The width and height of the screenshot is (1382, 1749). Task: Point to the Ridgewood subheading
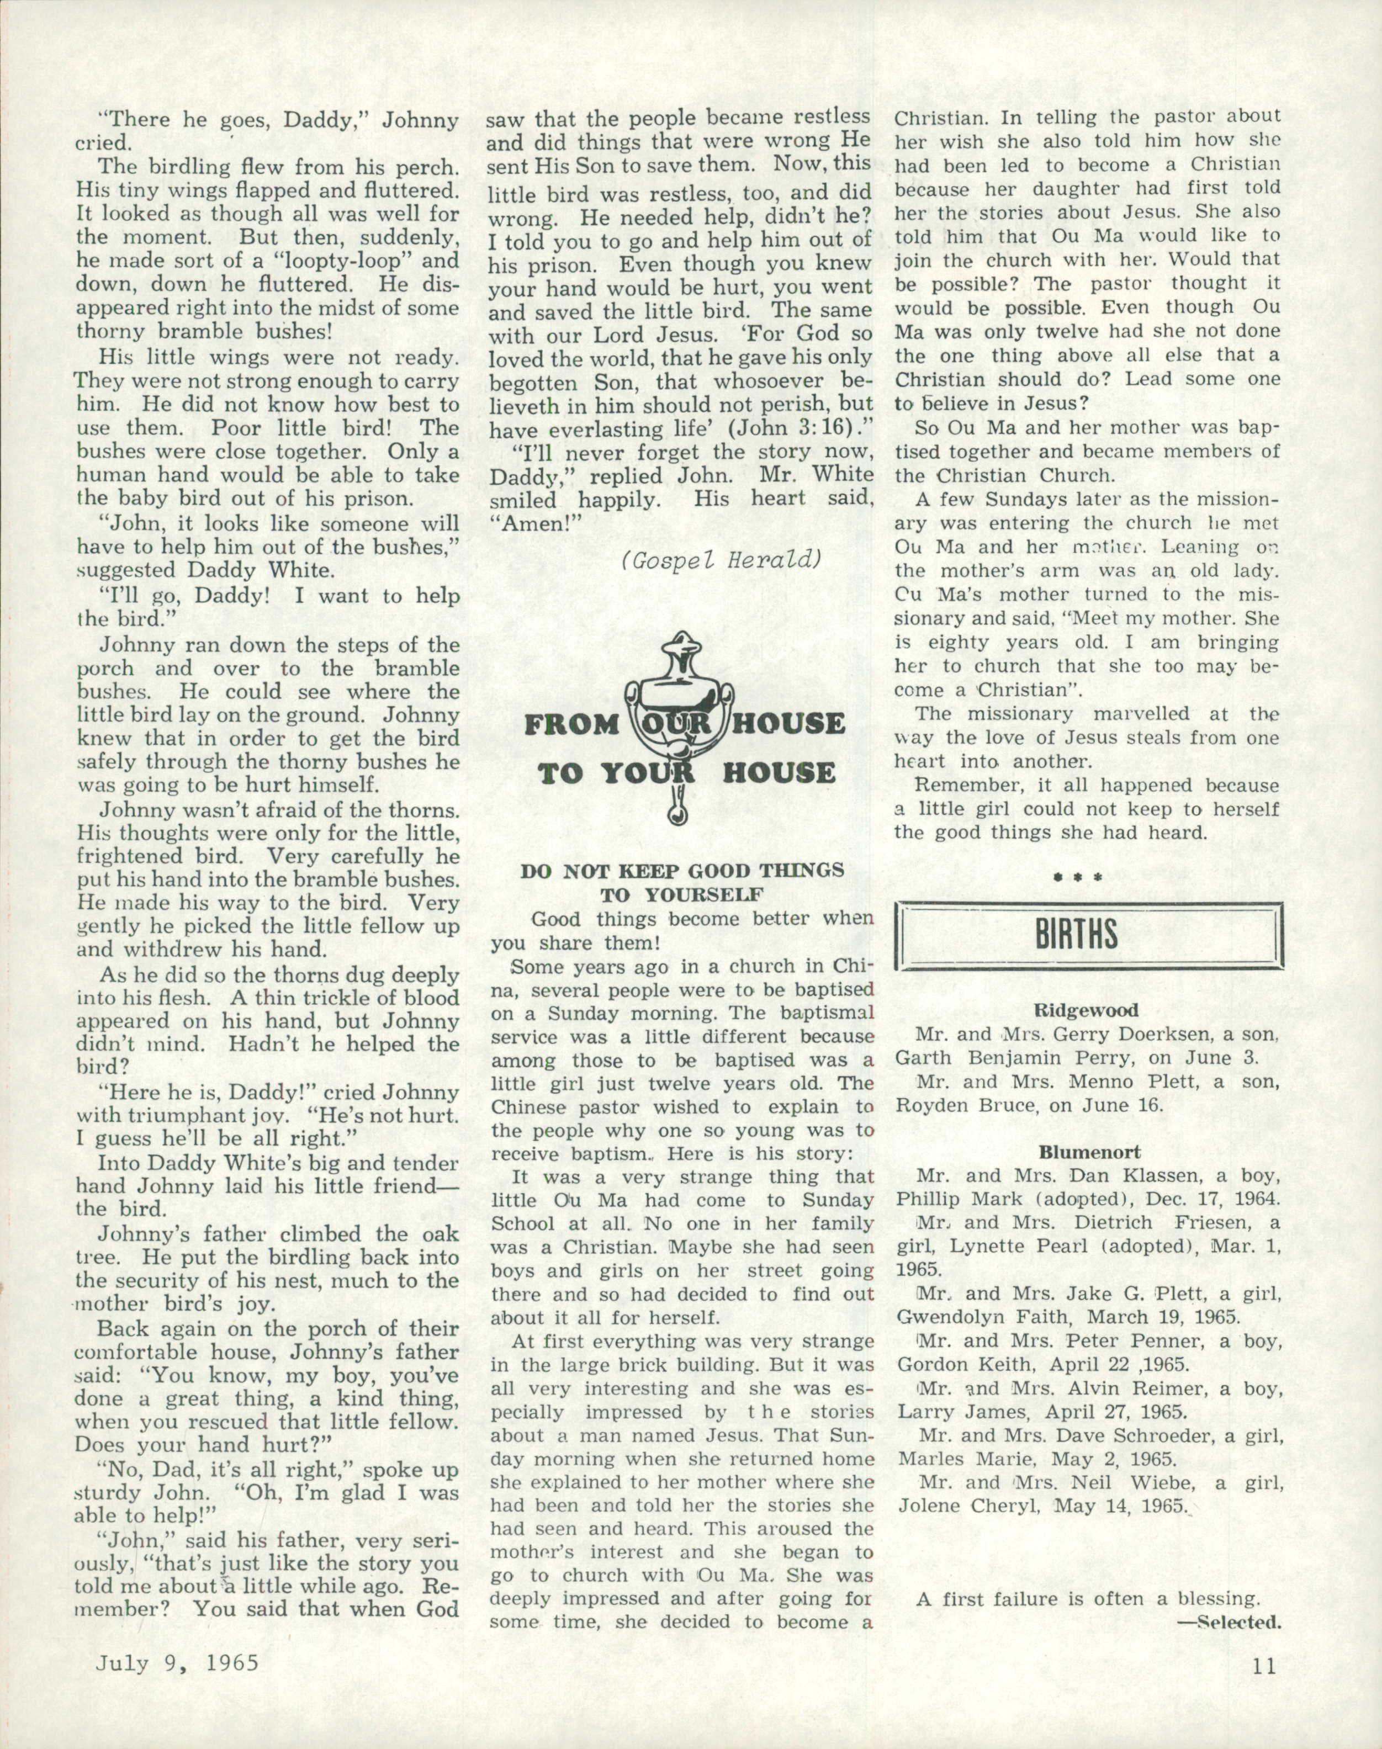tap(1087, 1010)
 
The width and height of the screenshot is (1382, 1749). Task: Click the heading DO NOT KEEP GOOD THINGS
tap(682, 871)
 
